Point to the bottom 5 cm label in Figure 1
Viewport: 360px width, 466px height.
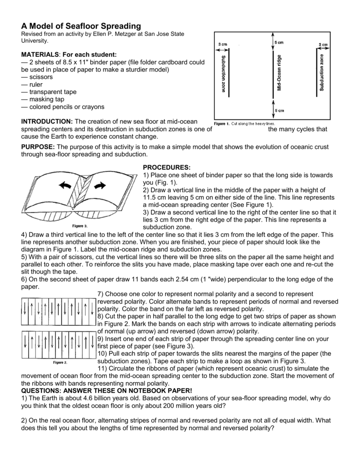[279, 111]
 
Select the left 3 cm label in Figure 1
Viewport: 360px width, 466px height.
[223, 44]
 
